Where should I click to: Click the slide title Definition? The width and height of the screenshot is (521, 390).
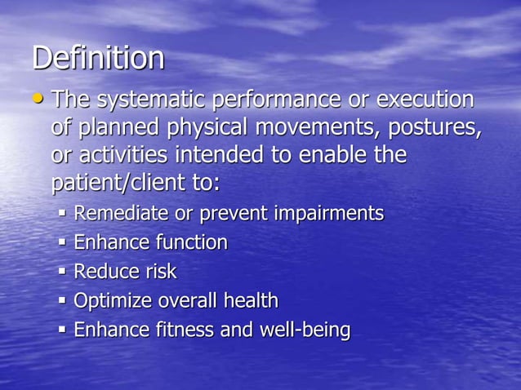(98, 58)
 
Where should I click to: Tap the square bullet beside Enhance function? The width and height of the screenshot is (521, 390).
(63, 243)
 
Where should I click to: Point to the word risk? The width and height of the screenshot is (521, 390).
(158, 271)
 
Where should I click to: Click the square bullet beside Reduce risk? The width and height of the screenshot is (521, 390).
(63, 272)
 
